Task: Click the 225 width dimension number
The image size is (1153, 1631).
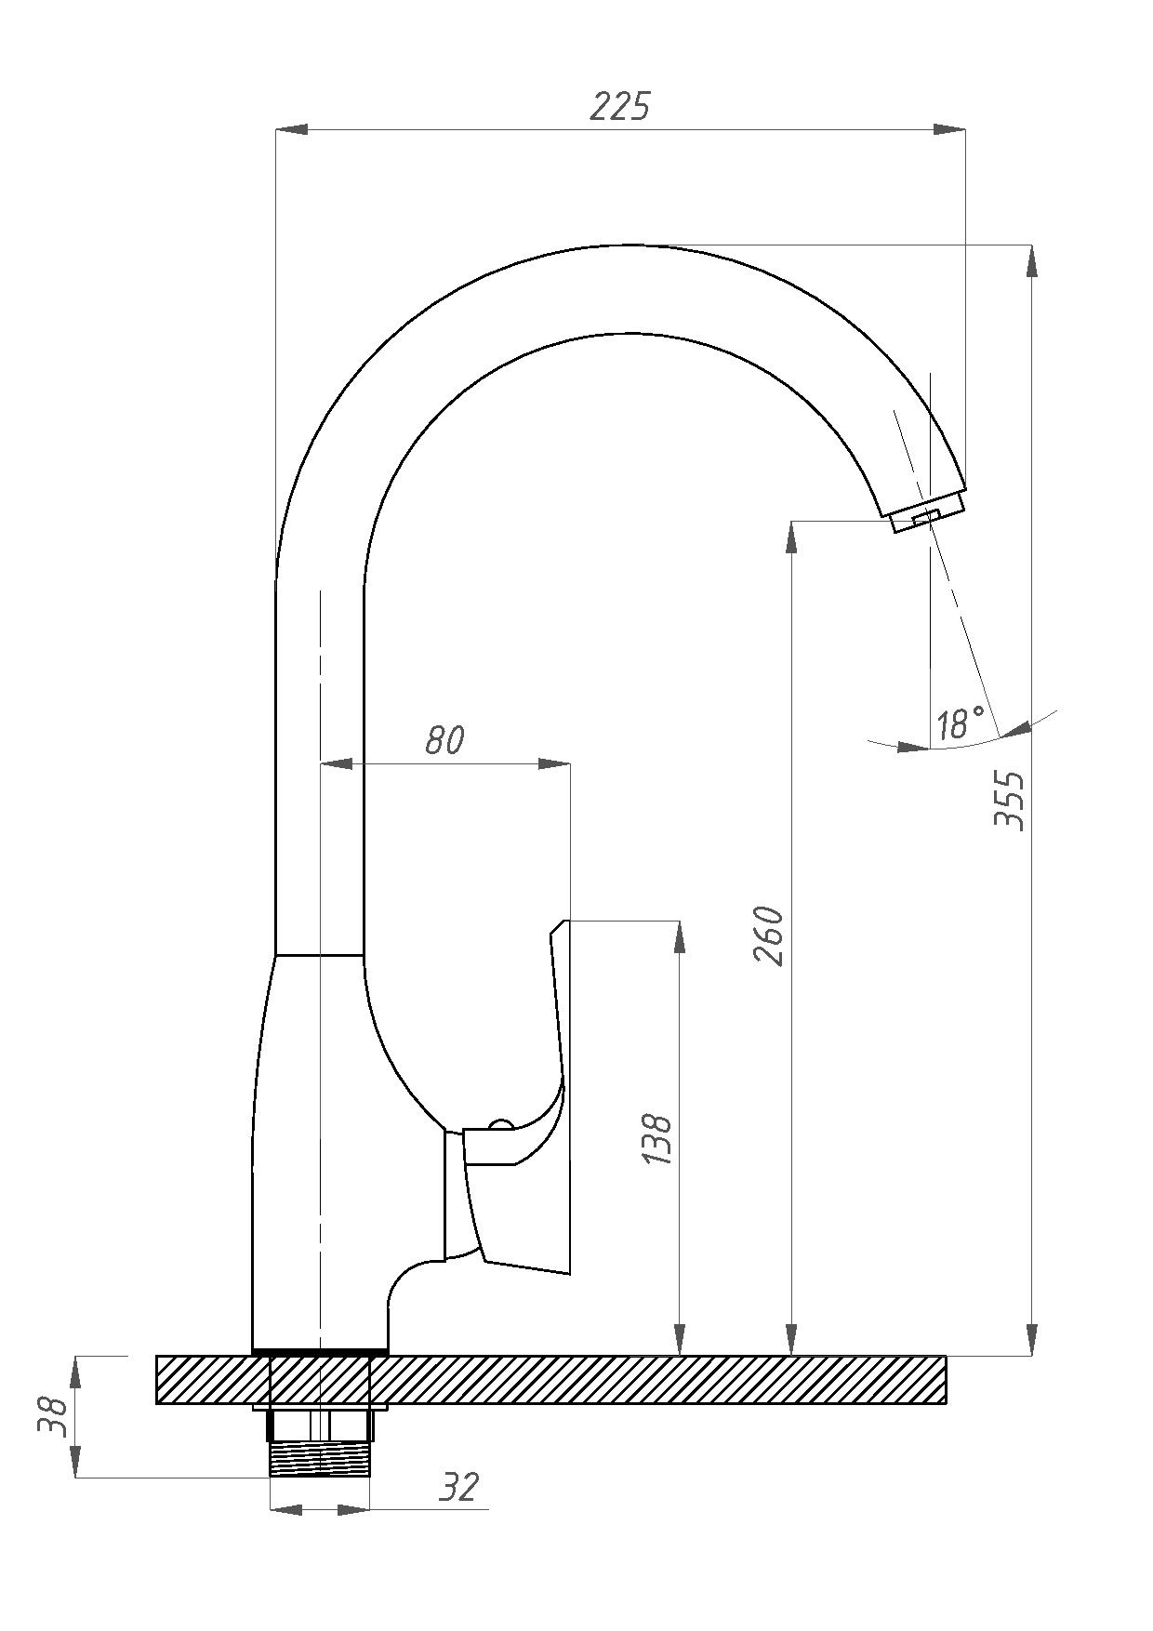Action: point(620,107)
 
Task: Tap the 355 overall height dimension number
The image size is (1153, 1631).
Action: point(1009,799)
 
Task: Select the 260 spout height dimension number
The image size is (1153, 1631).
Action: point(769,935)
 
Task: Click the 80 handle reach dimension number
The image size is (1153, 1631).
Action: point(444,741)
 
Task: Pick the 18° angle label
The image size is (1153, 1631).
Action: point(960,723)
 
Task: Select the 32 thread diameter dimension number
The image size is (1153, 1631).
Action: point(458,1487)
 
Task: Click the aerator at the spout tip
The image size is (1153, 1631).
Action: point(926,513)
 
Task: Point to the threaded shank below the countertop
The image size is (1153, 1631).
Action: point(319,1458)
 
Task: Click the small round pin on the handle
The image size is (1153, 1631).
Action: point(501,1126)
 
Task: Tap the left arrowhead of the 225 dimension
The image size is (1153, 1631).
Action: point(292,129)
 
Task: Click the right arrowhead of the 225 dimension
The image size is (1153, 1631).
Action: point(949,129)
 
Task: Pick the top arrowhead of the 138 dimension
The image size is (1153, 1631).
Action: point(680,936)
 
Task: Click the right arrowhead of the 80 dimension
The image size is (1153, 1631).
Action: point(554,764)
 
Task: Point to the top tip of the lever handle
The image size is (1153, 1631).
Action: point(561,922)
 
